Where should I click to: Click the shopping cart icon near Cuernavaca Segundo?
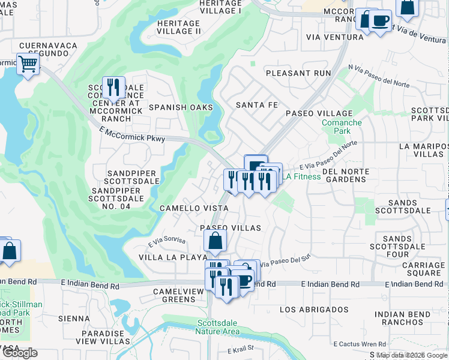(28, 64)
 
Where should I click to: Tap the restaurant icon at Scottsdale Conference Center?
(113, 88)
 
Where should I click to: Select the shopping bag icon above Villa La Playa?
(215, 242)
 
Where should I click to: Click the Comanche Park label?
(342, 127)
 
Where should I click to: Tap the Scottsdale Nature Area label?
(218, 327)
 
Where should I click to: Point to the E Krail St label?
(241, 348)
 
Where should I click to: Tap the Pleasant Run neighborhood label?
(298, 73)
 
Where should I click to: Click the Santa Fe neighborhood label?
(257, 105)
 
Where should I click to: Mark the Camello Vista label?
(193, 208)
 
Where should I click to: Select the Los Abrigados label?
(314, 310)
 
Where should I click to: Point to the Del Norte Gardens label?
(354, 175)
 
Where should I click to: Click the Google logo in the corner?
(20, 353)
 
